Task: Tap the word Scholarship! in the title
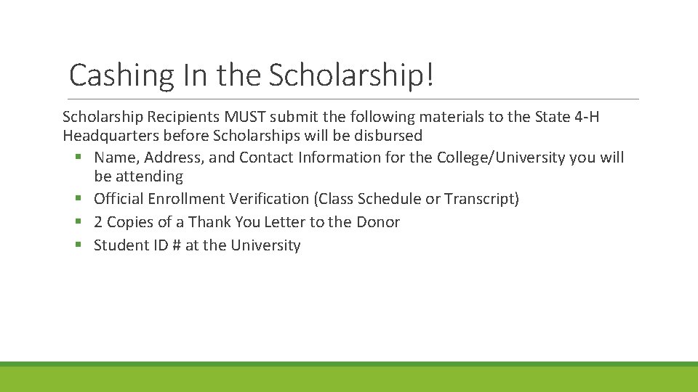point(352,75)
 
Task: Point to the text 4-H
point(583,117)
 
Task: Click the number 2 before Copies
point(98,222)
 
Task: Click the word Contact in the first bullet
point(265,158)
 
